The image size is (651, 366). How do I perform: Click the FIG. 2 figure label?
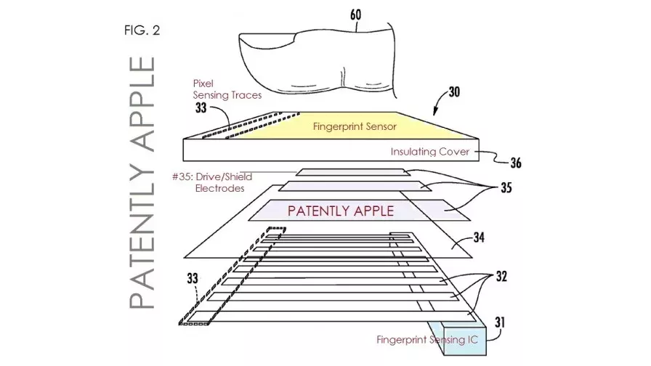click(142, 30)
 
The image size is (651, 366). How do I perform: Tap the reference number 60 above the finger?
click(356, 15)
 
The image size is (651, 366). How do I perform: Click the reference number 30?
click(454, 91)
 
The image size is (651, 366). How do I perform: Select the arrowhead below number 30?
click(435, 111)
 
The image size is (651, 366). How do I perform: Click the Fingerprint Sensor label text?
click(355, 126)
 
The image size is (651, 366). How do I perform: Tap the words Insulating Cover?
click(429, 152)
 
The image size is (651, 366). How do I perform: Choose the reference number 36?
click(516, 163)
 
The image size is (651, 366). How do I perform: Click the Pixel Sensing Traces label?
click(227, 89)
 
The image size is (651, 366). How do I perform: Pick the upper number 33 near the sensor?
click(201, 108)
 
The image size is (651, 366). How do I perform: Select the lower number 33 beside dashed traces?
click(193, 278)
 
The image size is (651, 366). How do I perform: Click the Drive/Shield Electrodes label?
click(212, 182)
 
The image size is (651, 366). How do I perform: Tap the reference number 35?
click(506, 188)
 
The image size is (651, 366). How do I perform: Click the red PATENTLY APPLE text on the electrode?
click(341, 211)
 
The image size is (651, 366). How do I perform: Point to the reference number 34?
click(479, 237)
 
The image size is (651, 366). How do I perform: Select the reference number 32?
click(501, 277)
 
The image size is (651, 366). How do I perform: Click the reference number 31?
click(500, 322)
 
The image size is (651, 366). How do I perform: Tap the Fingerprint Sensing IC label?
click(427, 340)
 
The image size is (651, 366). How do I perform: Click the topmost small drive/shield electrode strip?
click(353, 172)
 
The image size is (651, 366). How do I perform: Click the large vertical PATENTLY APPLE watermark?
click(142, 182)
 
